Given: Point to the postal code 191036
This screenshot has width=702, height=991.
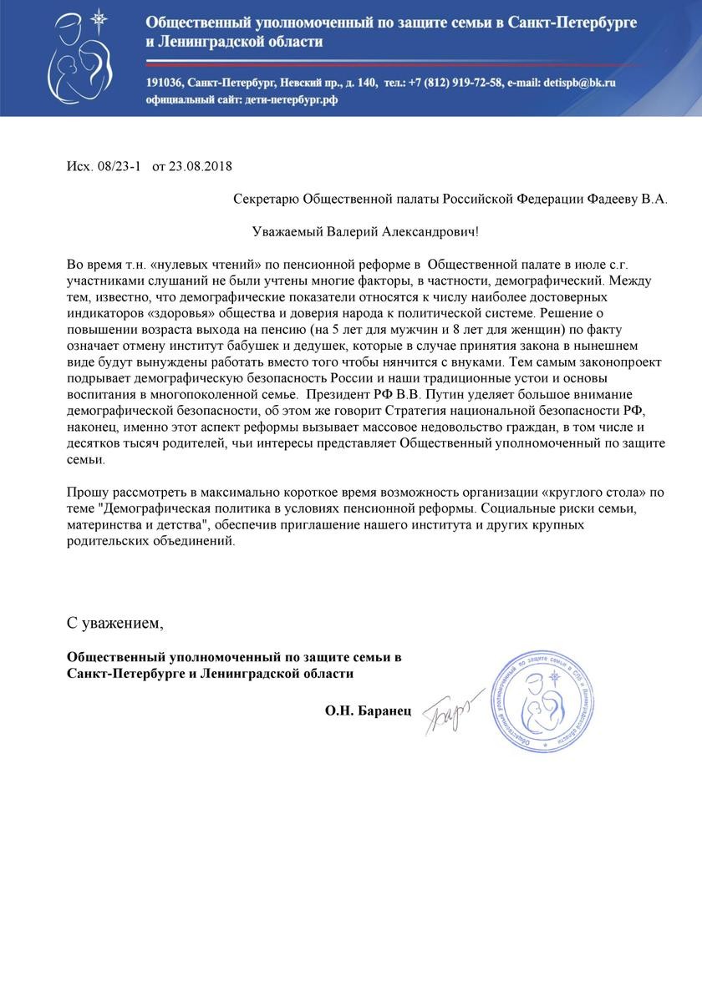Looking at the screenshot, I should [x=164, y=83].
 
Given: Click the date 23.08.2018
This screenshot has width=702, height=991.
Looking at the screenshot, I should [x=200, y=166].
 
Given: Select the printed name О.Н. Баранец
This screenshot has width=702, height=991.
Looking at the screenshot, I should [x=369, y=711].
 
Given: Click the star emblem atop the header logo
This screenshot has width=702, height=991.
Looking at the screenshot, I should [x=99, y=18].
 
